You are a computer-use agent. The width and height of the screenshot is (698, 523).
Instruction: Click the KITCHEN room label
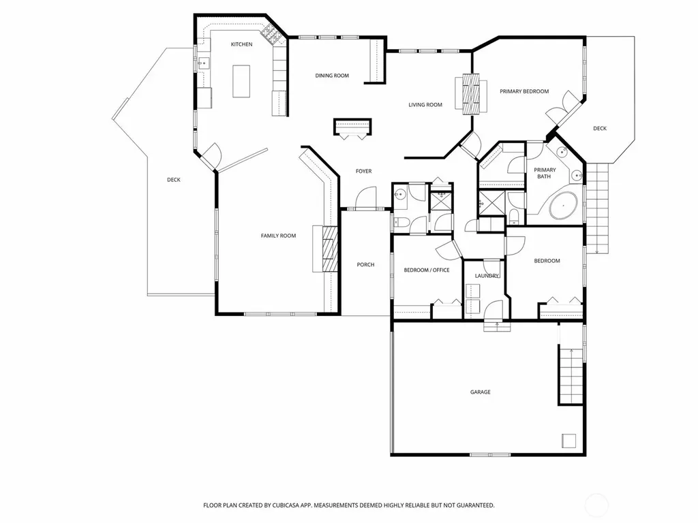pyautogui.click(x=242, y=44)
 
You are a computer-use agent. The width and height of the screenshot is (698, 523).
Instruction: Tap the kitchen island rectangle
pyautogui.click(x=241, y=81)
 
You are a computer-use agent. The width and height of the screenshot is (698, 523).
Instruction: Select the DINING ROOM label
pyautogui.click(x=332, y=76)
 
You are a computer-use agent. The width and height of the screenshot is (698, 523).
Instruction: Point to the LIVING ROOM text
pyautogui.click(x=425, y=105)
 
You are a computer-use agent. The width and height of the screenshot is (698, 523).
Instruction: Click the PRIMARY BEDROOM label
pyautogui.click(x=524, y=92)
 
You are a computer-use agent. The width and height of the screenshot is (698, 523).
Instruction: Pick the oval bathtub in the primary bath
pyautogui.click(x=564, y=206)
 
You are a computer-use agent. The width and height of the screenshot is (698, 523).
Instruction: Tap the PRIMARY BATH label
pyautogui.click(x=545, y=173)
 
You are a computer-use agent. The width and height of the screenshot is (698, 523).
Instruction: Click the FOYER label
pyautogui.click(x=364, y=171)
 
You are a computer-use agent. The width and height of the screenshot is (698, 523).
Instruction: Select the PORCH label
pyautogui.click(x=365, y=265)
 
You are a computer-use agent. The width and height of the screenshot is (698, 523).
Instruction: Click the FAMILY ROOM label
pyautogui.click(x=278, y=236)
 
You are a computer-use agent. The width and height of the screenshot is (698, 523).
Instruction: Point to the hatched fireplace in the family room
pyautogui.click(x=330, y=249)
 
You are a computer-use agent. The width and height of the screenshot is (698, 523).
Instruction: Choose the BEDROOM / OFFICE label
pyautogui.click(x=427, y=270)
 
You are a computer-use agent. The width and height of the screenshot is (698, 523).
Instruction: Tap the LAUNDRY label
pyautogui.click(x=487, y=276)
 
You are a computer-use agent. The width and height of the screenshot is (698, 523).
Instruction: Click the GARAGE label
pyautogui.click(x=481, y=392)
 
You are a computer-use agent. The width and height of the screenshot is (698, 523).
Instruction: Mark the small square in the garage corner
pyautogui.click(x=569, y=441)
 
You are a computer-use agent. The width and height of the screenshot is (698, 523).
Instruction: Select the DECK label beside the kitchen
pyautogui.click(x=174, y=180)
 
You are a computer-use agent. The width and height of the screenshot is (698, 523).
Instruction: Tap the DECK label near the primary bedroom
pyautogui.click(x=600, y=129)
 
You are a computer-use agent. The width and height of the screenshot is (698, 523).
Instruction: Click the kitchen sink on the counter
pyautogui.click(x=204, y=63)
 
